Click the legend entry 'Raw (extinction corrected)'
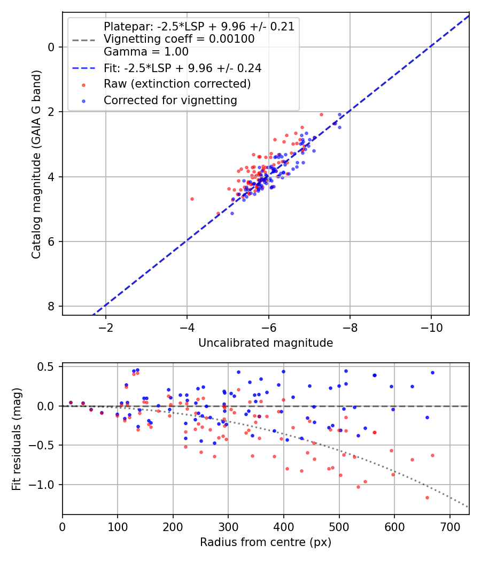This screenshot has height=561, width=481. click(177, 84)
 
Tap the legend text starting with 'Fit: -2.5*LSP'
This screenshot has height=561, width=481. click(182, 68)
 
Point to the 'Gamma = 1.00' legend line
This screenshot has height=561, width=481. click(146, 52)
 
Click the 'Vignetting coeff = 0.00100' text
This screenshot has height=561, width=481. click(179, 39)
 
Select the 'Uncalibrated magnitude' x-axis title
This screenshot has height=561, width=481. click(266, 343)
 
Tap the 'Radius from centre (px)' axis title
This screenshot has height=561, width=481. click(266, 542)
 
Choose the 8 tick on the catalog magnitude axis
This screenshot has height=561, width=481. click(51, 306)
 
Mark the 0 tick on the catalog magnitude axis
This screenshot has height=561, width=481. click(51, 47)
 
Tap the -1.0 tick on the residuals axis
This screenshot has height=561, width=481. click(45, 485)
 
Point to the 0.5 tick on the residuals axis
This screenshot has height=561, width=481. click(48, 367)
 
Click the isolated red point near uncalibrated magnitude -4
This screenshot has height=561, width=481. click(192, 199)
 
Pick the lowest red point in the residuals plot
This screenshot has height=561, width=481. click(427, 497)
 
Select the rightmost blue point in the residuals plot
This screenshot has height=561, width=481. click(432, 372)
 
